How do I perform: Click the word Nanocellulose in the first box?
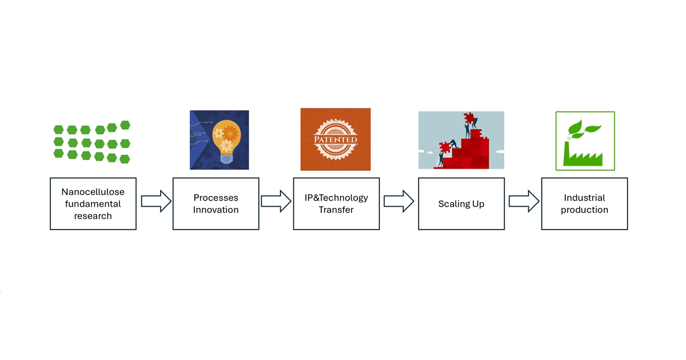(x=93, y=192)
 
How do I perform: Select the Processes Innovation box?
(x=216, y=203)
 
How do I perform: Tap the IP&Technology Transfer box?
(x=336, y=203)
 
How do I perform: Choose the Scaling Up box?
(x=461, y=203)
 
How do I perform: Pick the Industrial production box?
(x=584, y=203)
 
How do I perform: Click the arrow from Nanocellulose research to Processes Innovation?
(x=155, y=201)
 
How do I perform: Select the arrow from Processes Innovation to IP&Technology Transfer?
(x=276, y=201)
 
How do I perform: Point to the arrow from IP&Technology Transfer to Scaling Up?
(x=398, y=201)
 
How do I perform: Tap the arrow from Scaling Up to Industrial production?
(x=524, y=201)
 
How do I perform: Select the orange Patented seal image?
(x=336, y=139)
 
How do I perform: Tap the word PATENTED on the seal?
(x=336, y=140)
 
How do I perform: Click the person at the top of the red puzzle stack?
(x=466, y=127)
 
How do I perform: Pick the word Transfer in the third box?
(x=336, y=210)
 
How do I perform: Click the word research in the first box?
(x=93, y=216)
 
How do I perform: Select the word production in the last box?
(x=584, y=210)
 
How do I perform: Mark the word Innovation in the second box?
(x=216, y=210)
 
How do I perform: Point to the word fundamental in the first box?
(x=93, y=204)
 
